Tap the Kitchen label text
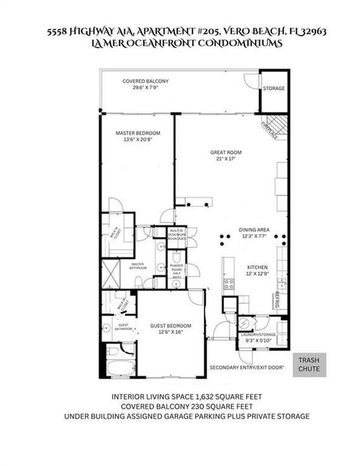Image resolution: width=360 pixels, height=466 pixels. tap(257, 271)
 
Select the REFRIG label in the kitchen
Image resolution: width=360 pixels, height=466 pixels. tap(276, 300)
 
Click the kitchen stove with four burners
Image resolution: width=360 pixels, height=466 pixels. tap(229, 283)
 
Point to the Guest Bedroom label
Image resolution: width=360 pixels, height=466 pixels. tap(171, 329)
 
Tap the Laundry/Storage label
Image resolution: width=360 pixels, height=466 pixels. tap(260, 337)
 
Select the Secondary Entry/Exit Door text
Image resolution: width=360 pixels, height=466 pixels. tap(247, 368)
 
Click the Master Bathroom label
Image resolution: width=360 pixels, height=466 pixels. tap(137, 266)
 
